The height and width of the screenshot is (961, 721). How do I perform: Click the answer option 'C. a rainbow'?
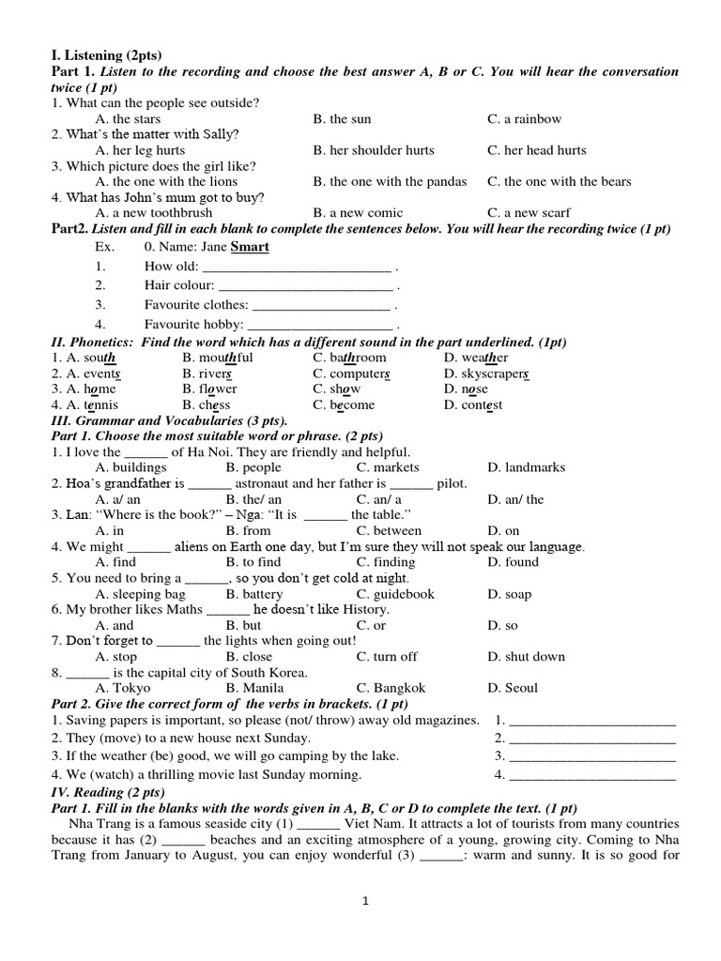click(524, 119)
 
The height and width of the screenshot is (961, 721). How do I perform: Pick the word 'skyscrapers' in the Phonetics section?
click(487, 374)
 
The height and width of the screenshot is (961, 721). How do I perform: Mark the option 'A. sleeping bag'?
click(141, 594)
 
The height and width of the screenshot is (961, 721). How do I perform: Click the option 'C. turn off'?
click(387, 657)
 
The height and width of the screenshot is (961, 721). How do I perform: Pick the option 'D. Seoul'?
click(513, 688)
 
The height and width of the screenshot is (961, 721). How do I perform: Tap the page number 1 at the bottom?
click(366, 902)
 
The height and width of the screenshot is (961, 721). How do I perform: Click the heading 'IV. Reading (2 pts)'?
click(102, 792)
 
